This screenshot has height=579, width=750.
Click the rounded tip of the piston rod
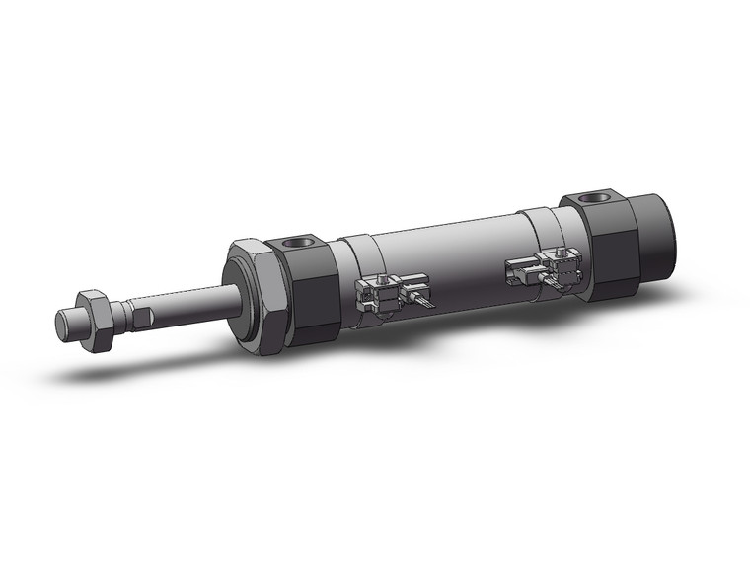point(65,325)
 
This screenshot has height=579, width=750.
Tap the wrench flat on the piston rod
point(143,316)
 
